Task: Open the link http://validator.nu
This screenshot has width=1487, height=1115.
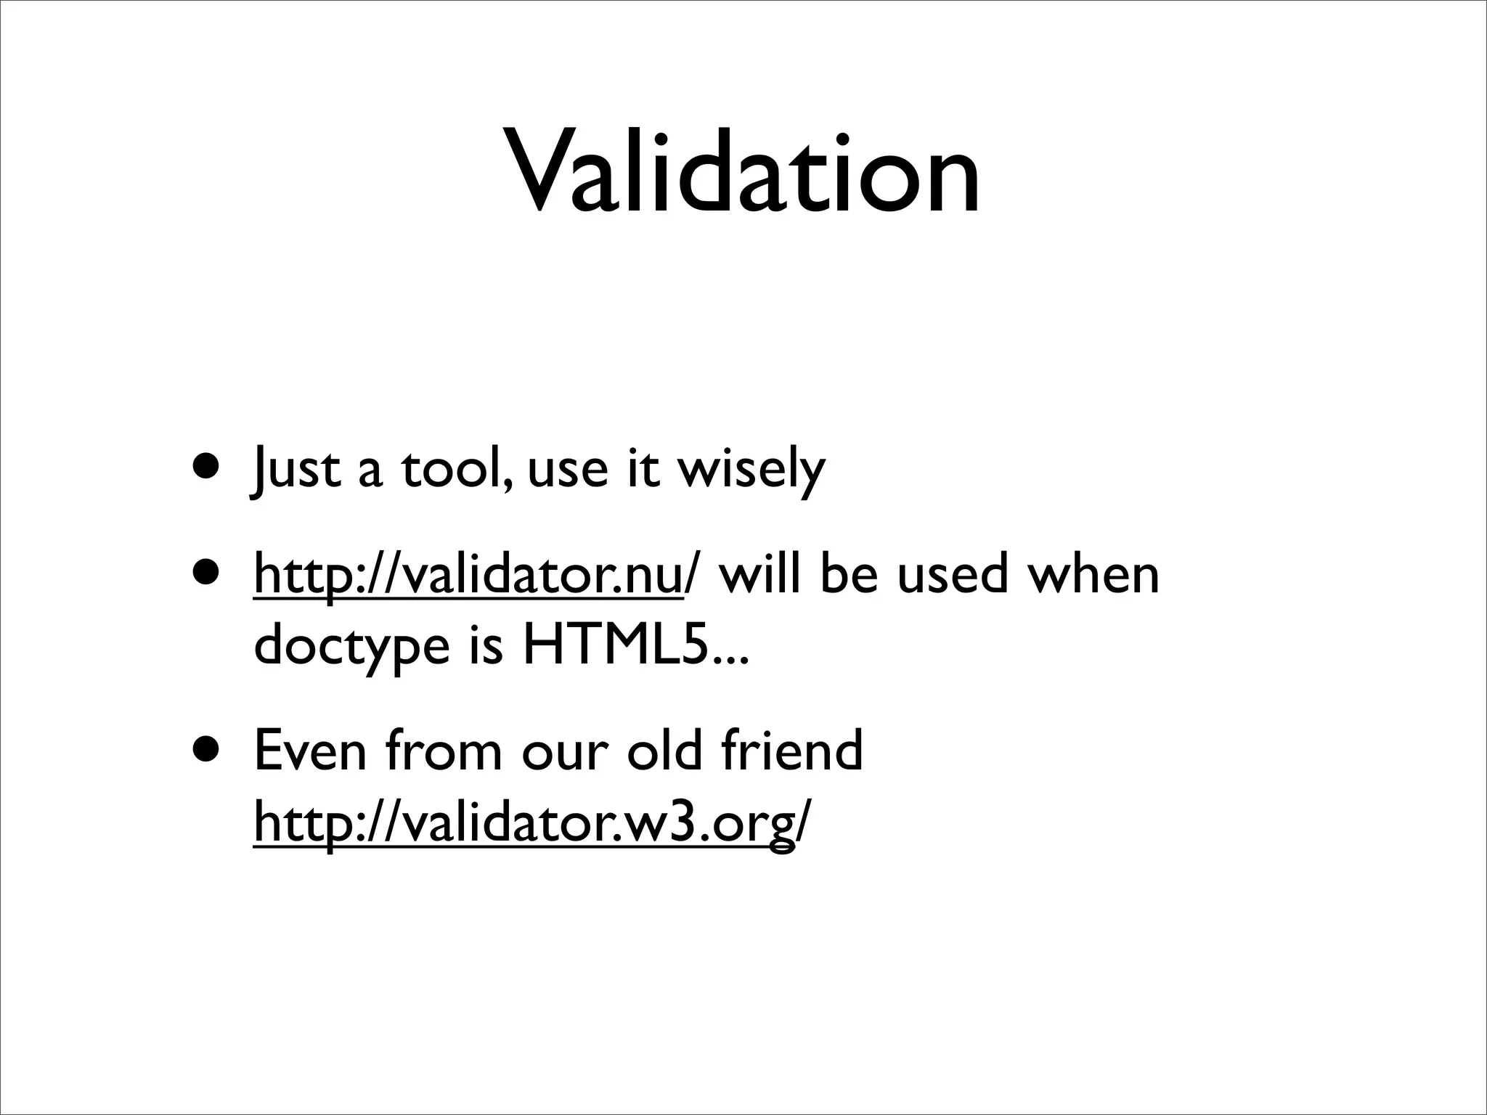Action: pyautogui.click(x=469, y=575)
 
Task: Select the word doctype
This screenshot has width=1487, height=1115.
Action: pyautogui.click(x=351, y=648)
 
